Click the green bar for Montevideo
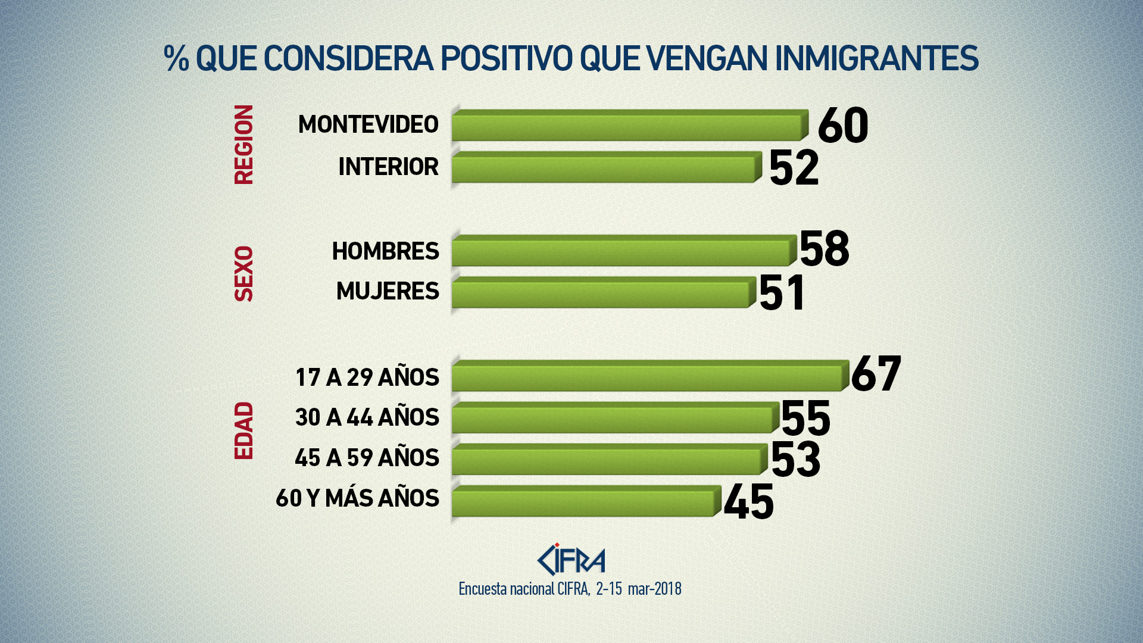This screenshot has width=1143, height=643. (x=628, y=126)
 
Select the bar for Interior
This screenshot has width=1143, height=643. (x=604, y=168)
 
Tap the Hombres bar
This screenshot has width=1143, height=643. (x=622, y=251)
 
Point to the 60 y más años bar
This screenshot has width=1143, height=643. (x=583, y=501)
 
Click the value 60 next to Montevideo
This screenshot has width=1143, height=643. (x=843, y=126)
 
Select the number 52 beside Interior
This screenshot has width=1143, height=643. (x=794, y=168)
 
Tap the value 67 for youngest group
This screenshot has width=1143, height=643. (x=876, y=374)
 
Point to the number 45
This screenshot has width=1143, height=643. (x=749, y=502)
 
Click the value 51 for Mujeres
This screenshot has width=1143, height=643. (x=782, y=292)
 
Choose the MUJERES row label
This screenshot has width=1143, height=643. (x=388, y=291)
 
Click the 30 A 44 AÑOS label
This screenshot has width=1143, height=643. (x=367, y=417)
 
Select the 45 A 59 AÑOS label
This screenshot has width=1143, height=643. (x=367, y=458)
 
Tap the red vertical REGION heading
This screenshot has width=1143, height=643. (x=244, y=145)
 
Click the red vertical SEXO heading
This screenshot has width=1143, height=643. (x=244, y=274)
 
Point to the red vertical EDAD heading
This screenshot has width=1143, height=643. (x=244, y=430)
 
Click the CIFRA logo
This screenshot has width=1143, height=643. (x=571, y=560)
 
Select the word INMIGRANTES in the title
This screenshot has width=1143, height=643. (x=876, y=58)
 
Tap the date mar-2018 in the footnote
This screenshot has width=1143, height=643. (x=654, y=589)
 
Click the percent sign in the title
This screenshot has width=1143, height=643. (x=176, y=58)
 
